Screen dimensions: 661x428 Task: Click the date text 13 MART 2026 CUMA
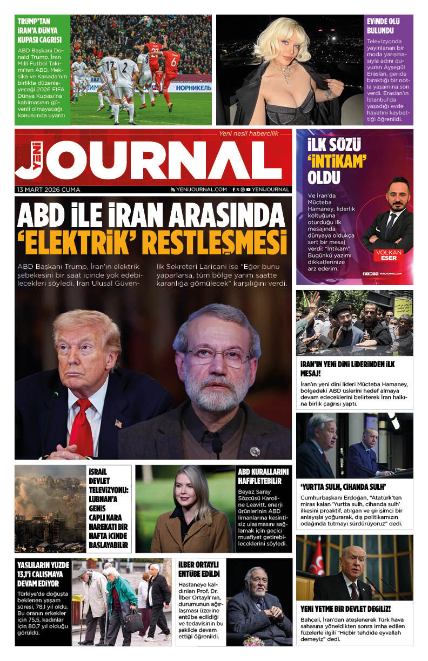(x=49, y=190)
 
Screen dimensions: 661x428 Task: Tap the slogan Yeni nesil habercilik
(x=248, y=133)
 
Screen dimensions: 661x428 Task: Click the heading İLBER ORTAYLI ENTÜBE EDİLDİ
(x=199, y=569)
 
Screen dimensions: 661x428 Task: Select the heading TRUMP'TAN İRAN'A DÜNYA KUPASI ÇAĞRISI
(x=39, y=30)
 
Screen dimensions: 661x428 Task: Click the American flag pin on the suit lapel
(x=119, y=423)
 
